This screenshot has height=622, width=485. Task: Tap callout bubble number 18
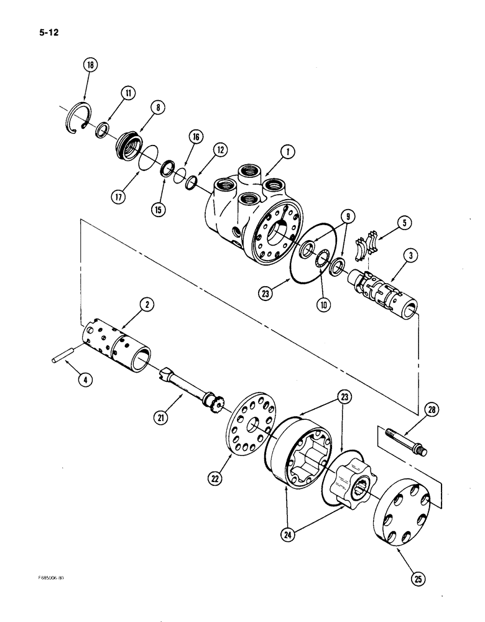[91, 65]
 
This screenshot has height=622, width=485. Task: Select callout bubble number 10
[325, 304]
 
